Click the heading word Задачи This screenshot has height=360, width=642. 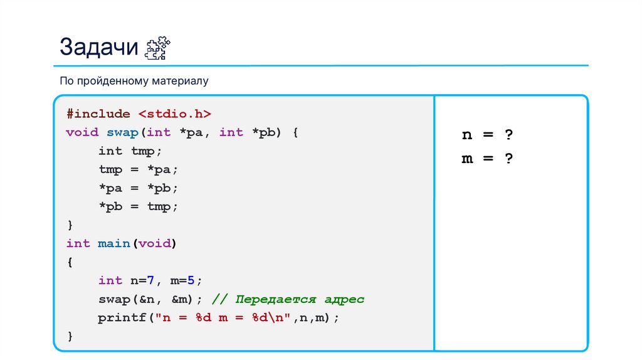pyautogui.click(x=98, y=47)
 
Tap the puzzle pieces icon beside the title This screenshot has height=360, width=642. pyautogui.click(x=157, y=48)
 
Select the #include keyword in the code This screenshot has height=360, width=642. pyautogui.click(x=98, y=114)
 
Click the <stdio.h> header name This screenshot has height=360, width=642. pyautogui.click(x=174, y=114)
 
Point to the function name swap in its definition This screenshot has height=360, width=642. pyautogui.click(x=122, y=132)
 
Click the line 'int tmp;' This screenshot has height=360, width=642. pyautogui.click(x=130, y=151)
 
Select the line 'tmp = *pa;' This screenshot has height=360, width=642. pyautogui.click(x=138, y=169)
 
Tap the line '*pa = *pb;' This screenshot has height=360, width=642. pyautogui.click(x=138, y=188)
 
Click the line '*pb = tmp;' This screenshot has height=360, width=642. pyautogui.click(x=138, y=206)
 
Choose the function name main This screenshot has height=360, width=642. pyautogui.click(x=114, y=243)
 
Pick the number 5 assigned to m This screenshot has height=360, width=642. pyautogui.click(x=191, y=280)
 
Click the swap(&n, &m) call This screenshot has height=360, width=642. pyautogui.click(x=150, y=299)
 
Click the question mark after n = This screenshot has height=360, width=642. pyautogui.click(x=508, y=135)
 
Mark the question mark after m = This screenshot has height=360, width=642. pyautogui.click(x=508, y=159)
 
